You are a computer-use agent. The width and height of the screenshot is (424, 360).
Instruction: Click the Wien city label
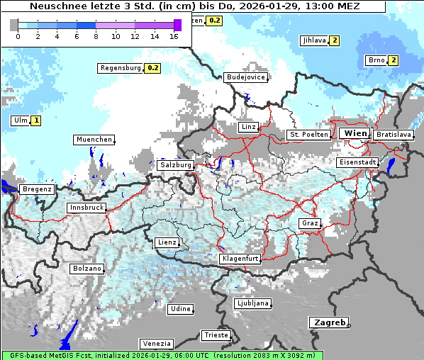(355, 133)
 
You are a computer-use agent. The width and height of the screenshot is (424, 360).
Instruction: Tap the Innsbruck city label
(87, 208)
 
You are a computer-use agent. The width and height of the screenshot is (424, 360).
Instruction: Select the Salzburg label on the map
(176, 164)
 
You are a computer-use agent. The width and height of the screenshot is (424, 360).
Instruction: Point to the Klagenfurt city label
(240, 259)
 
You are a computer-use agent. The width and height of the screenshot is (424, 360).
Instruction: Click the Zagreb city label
(328, 322)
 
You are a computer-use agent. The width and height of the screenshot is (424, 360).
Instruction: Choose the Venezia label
(155, 344)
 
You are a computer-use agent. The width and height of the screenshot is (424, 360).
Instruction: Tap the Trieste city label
(216, 335)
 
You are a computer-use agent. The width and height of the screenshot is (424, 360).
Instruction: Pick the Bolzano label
(87, 269)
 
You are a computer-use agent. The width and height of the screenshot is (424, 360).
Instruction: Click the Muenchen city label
(94, 140)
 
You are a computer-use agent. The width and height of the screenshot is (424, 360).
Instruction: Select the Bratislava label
(393, 134)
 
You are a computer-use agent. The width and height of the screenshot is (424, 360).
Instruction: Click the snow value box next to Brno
(393, 60)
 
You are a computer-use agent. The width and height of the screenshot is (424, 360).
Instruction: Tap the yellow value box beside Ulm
(35, 120)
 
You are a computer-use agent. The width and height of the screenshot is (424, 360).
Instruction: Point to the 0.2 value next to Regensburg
(152, 68)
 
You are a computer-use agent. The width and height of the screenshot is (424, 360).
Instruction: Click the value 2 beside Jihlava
(334, 40)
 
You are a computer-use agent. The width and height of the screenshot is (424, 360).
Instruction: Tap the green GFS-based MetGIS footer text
(162, 355)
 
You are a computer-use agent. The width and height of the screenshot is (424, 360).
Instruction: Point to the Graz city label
(310, 223)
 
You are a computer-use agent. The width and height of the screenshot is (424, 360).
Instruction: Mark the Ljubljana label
(252, 303)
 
